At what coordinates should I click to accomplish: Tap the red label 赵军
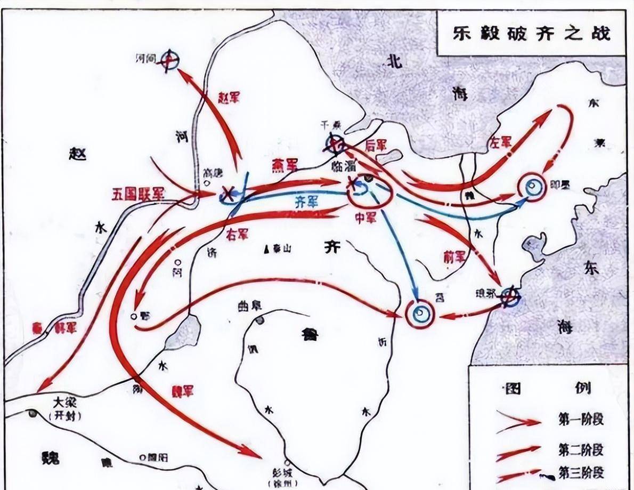tap(229, 97)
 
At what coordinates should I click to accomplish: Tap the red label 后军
tap(375, 145)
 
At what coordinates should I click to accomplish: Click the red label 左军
tap(500, 141)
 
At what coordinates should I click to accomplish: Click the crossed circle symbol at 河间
tap(170, 60)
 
